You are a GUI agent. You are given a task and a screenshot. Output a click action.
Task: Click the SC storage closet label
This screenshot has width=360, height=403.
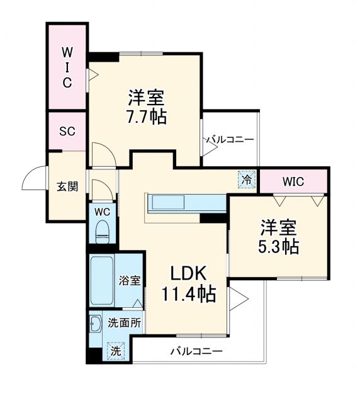tap(67, 132)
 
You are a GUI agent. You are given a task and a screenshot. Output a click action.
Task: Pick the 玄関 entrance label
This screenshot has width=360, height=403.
tap(67, 186)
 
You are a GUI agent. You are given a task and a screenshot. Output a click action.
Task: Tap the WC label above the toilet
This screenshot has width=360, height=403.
tap(102, 212)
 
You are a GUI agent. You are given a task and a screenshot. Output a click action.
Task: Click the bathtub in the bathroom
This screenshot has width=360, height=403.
tap(101, 281)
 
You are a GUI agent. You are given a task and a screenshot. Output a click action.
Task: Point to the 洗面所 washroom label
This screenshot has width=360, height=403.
tap(123, 324)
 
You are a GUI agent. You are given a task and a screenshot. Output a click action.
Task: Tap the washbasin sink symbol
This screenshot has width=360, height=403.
tap(96, 324)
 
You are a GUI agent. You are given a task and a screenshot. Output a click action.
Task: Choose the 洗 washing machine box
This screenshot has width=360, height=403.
tap(116, 351)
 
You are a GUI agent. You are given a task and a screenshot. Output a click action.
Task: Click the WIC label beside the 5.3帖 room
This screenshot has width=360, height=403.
tap(293, 182)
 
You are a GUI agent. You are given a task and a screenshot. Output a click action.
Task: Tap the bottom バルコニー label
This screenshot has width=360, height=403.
tap(196, 351)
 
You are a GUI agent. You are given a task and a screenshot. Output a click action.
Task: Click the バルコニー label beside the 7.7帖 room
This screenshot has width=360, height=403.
tap(231, 139)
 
